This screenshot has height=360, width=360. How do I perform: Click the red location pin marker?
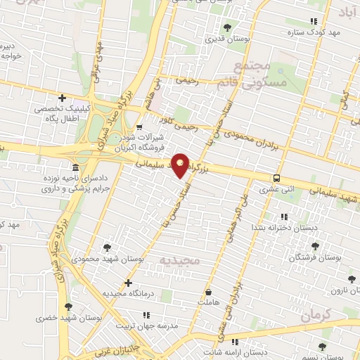tap(180, 165)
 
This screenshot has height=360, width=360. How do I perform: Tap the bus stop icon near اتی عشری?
tap(277, 179)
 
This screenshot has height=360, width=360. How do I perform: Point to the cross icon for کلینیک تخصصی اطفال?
tap(62, 98)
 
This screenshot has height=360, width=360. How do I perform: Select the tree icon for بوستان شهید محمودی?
tap(107, 247)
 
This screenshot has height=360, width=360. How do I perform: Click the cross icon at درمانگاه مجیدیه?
tap(127, 283)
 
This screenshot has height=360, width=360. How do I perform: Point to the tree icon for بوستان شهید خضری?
tap(68, 307)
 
